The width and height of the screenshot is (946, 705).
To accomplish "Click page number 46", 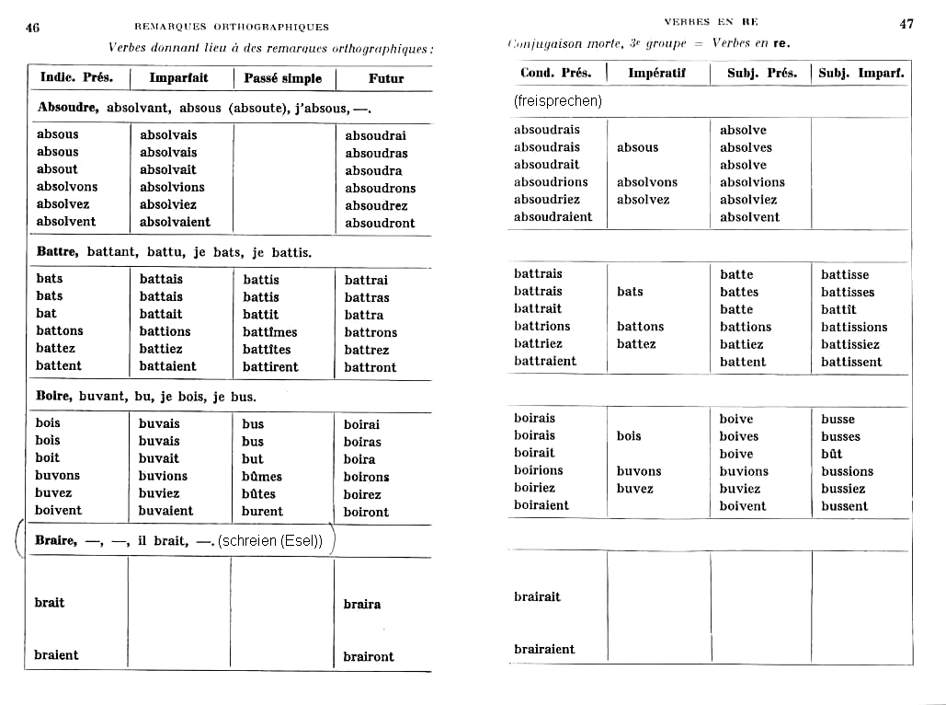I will pos(32,27).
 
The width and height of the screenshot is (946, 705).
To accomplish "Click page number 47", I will pos(906,24).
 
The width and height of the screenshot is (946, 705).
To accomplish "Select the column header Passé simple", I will pos(283,78).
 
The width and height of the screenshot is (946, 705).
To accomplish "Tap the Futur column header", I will pos(386,78).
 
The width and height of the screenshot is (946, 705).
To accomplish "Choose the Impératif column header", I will pos(657,73).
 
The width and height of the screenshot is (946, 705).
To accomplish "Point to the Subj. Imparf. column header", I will pos(862,73).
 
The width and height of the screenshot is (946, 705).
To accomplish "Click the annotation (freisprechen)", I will pos(558,100).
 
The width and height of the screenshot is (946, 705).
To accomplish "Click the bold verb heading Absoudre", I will pos(68,108).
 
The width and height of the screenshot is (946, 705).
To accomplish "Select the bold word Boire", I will pos(54,397).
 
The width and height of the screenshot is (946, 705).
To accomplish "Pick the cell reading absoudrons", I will pos(381,188).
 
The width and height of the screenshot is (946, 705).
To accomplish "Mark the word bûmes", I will pos(262,476).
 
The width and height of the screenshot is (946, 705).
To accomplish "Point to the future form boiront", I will pos(366,512).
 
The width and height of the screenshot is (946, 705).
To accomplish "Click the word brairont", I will pos(369,656).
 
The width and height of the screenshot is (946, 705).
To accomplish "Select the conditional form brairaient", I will pos(544,649).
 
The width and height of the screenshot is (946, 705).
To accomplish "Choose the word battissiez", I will pos(850,344).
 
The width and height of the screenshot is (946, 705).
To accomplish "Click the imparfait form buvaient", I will pos(166,511).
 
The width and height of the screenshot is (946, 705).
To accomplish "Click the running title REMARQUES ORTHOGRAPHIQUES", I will pos(231,27).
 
